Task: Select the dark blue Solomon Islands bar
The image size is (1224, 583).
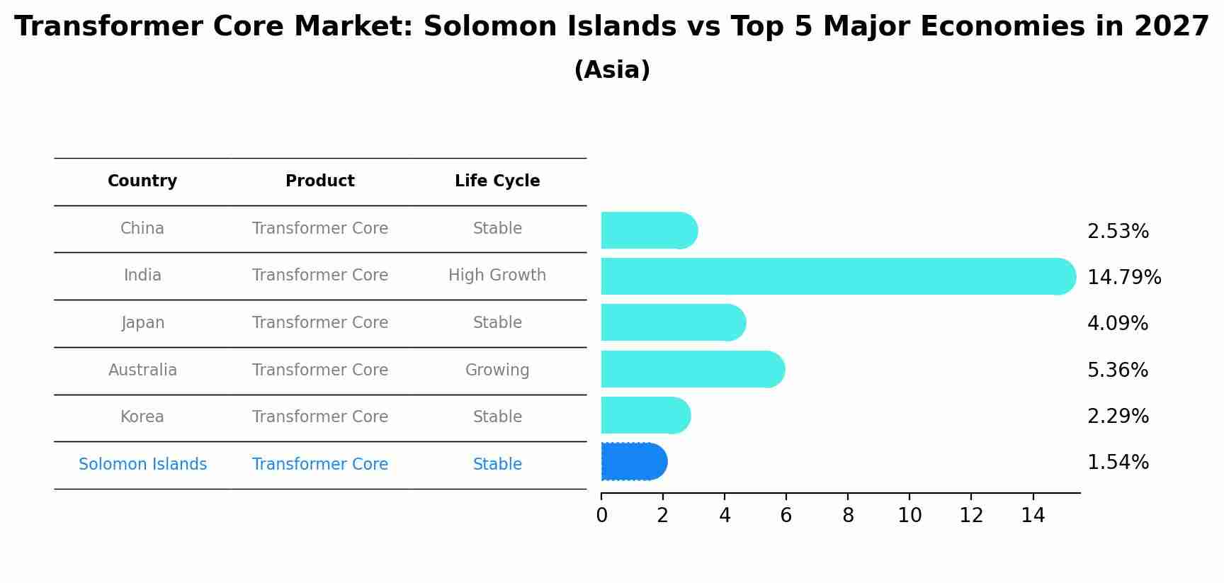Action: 633,462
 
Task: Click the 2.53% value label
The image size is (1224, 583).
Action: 1118,232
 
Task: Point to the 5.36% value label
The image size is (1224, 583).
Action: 1118,370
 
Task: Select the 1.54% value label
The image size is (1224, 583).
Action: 1118,463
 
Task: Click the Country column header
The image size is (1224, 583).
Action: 142,181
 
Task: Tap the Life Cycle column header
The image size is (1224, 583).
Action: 497,181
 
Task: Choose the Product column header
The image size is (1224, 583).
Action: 320,181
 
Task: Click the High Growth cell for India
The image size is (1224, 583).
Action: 497,276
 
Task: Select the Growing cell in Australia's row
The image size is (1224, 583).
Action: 497,370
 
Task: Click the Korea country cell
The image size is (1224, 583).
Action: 142,417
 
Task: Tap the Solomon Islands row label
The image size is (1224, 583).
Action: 143,465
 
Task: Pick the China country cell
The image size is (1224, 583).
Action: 142,229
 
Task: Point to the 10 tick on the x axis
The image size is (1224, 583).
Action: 909,516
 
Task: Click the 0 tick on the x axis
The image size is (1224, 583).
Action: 601,516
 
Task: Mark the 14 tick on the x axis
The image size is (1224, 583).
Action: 1033,516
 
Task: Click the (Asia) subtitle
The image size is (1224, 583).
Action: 612,70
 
